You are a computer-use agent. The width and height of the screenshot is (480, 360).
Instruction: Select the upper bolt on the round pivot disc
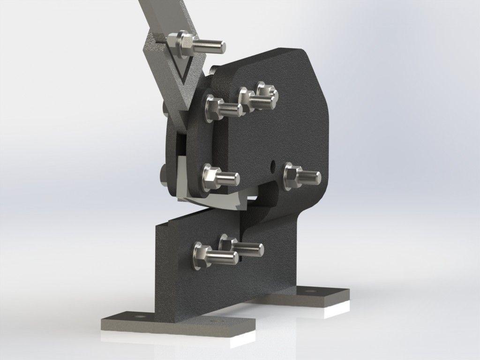tap(222, 107)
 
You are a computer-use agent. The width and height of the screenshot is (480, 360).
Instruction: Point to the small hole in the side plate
tap(273, 164)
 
